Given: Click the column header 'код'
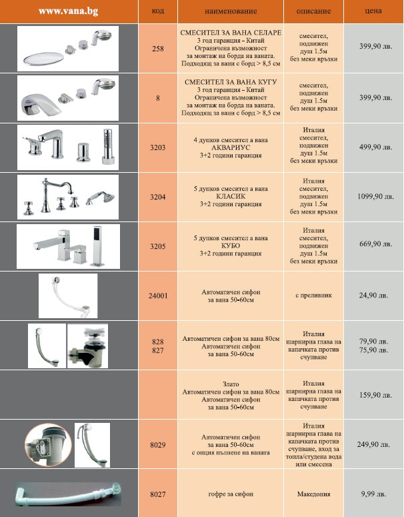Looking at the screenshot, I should click(158, 11).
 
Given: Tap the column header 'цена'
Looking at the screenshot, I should click(373, 11).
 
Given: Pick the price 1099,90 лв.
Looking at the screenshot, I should click(372, 197).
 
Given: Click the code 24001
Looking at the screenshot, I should click(158, 294).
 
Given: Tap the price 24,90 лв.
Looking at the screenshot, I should click(373, 294).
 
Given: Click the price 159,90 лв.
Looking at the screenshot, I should click(373, 394).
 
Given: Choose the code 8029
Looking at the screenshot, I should click(158, 444).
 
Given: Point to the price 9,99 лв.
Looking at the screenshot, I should click(373, 494).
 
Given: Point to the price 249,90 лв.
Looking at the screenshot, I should click(373, 444).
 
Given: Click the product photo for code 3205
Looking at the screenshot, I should click(67, 244).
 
